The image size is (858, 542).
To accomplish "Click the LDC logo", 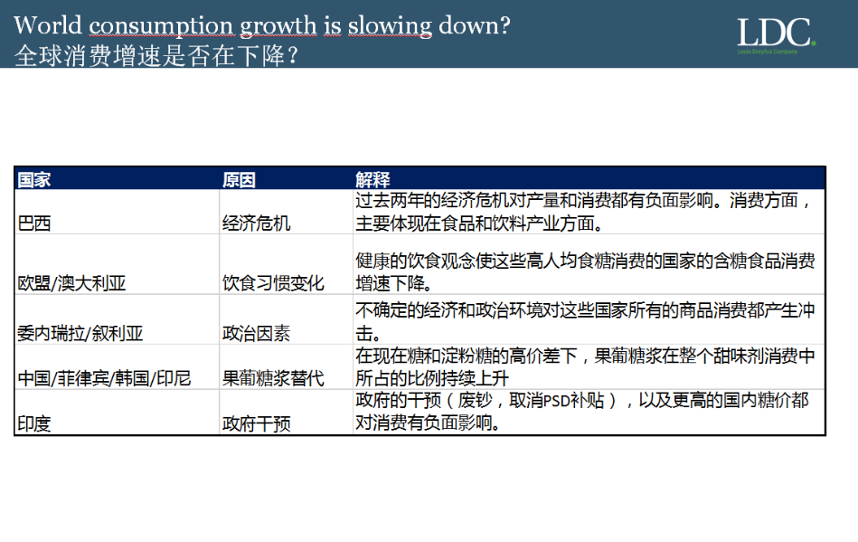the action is pyautogui.click(x=776, y=35).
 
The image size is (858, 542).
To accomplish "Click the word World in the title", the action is pyautogui.click(x=48, y=25).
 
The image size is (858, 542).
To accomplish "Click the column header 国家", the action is pyautogui.click(x=34, y=179).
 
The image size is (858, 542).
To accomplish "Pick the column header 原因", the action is pyautogui.click(x=239, y=179).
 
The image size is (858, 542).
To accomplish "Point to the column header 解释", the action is pyautogui.click(x=372, y=179).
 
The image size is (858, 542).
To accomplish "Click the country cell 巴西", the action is pyautogui.click(x=34, y=223).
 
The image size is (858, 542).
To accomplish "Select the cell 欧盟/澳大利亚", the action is pyautogui.click(x=71, y=283).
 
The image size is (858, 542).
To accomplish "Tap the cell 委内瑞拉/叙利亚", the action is pyautogui.click(x=80, y=333).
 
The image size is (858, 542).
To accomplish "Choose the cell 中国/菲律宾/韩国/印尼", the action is pyautogui.click(x=104, y=377).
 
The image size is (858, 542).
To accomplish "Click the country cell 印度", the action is pyautogui.click(x=34, y=423).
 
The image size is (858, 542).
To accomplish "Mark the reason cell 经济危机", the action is pyautogui.click(x=256, y=223).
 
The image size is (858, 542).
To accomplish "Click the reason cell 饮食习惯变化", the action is pyautogui.click(x=273, y=283).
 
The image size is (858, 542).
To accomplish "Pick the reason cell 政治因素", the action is pyautogui.click(x=256, y=333).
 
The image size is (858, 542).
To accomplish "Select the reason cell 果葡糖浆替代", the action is pyautogui.click(x=273, y=377).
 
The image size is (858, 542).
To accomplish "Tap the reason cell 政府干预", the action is pyautogui.click(x=256, y=423).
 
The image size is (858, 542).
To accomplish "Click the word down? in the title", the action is pyautogui.click(x=475, y=25).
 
